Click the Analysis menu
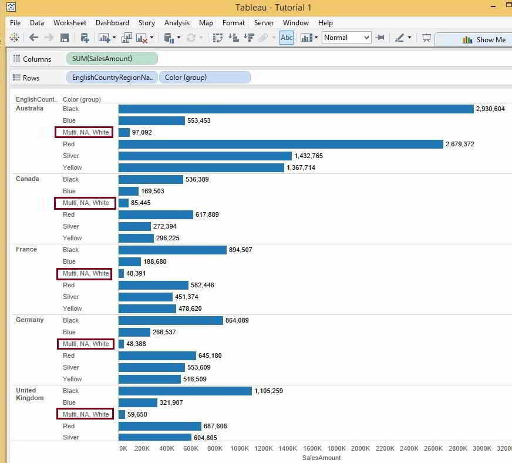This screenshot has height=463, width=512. tap(177, 23)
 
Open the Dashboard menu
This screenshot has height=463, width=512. tap(112, 23)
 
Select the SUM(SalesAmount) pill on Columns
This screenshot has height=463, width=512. tap(112, 59)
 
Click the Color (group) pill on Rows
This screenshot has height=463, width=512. tap(204, 78)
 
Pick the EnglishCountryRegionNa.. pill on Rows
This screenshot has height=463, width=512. tap(112, 78)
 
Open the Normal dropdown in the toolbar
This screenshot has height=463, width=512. tap(346, 38)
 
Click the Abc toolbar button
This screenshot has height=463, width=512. tap(287, 38)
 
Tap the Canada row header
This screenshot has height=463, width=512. tap(28, 179)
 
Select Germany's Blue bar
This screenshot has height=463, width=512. tap(134, 333)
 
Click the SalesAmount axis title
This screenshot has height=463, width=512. tap(321, 458)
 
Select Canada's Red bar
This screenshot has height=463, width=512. tap(156, 215)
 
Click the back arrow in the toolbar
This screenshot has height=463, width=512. tap(33, 38)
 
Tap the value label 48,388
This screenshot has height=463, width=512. tap(136, 344)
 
